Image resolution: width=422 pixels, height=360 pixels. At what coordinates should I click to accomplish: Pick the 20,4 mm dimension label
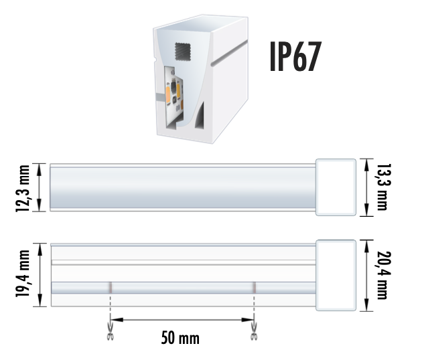pos(382,276)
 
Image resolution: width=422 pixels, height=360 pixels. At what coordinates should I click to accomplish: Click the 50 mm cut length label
pos(180,338)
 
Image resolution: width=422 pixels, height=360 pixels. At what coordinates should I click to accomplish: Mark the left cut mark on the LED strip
pos(111,288)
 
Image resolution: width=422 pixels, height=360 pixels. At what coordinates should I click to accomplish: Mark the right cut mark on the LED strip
pos(254,288)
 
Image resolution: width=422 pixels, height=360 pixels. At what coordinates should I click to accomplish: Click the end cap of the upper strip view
pos(336,187)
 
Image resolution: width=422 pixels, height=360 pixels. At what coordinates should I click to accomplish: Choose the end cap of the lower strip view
pos(336,275)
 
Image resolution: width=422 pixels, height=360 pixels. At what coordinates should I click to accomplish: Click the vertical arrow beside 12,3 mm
pos(42,187)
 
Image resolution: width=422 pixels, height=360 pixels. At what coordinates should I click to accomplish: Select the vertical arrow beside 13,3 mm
pos(366,187)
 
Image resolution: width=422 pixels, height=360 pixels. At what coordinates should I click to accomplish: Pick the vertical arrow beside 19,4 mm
pos(42,275)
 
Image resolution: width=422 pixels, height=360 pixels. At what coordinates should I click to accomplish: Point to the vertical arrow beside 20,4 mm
pos(366,275)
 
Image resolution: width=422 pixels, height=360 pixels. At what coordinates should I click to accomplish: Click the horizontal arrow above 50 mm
pos(182,319)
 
